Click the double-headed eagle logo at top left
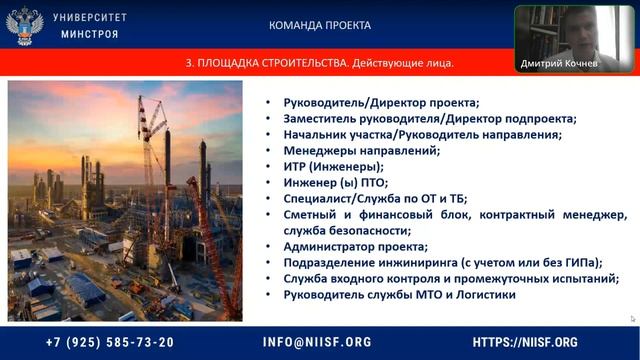point(25,25)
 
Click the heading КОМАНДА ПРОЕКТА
point(320,25)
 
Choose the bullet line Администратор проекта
point(355,246)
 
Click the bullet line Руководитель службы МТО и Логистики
point(399,295)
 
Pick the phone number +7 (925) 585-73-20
point(110,342)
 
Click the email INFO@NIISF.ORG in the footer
point(317,342)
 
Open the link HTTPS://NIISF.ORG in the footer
point(525,342)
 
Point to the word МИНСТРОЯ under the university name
point(91,34)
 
